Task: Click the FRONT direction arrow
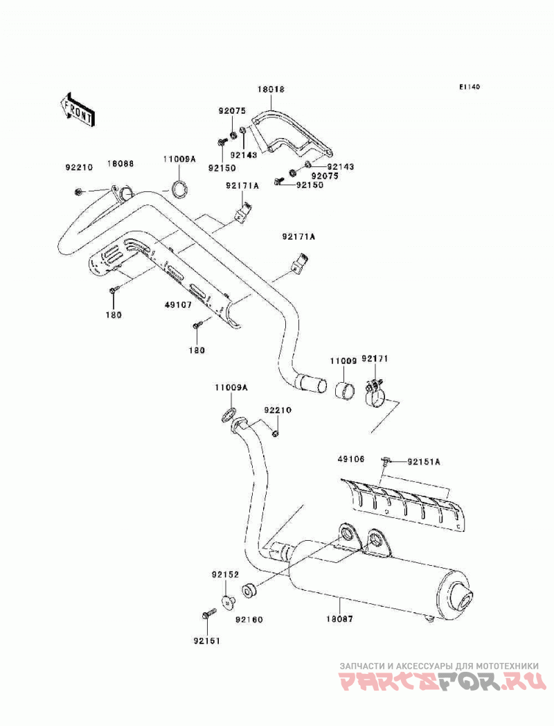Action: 77,110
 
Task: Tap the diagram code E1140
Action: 470,87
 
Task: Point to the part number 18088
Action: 120,164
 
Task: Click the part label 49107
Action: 178,305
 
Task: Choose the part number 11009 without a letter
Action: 343,361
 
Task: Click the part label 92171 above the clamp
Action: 375,358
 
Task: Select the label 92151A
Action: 424,462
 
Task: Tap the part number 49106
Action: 351,459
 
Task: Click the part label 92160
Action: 249,619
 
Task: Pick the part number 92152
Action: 226,575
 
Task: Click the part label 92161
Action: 206,641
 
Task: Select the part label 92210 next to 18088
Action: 79,167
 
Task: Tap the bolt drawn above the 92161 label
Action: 209,614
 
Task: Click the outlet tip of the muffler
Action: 464,596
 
